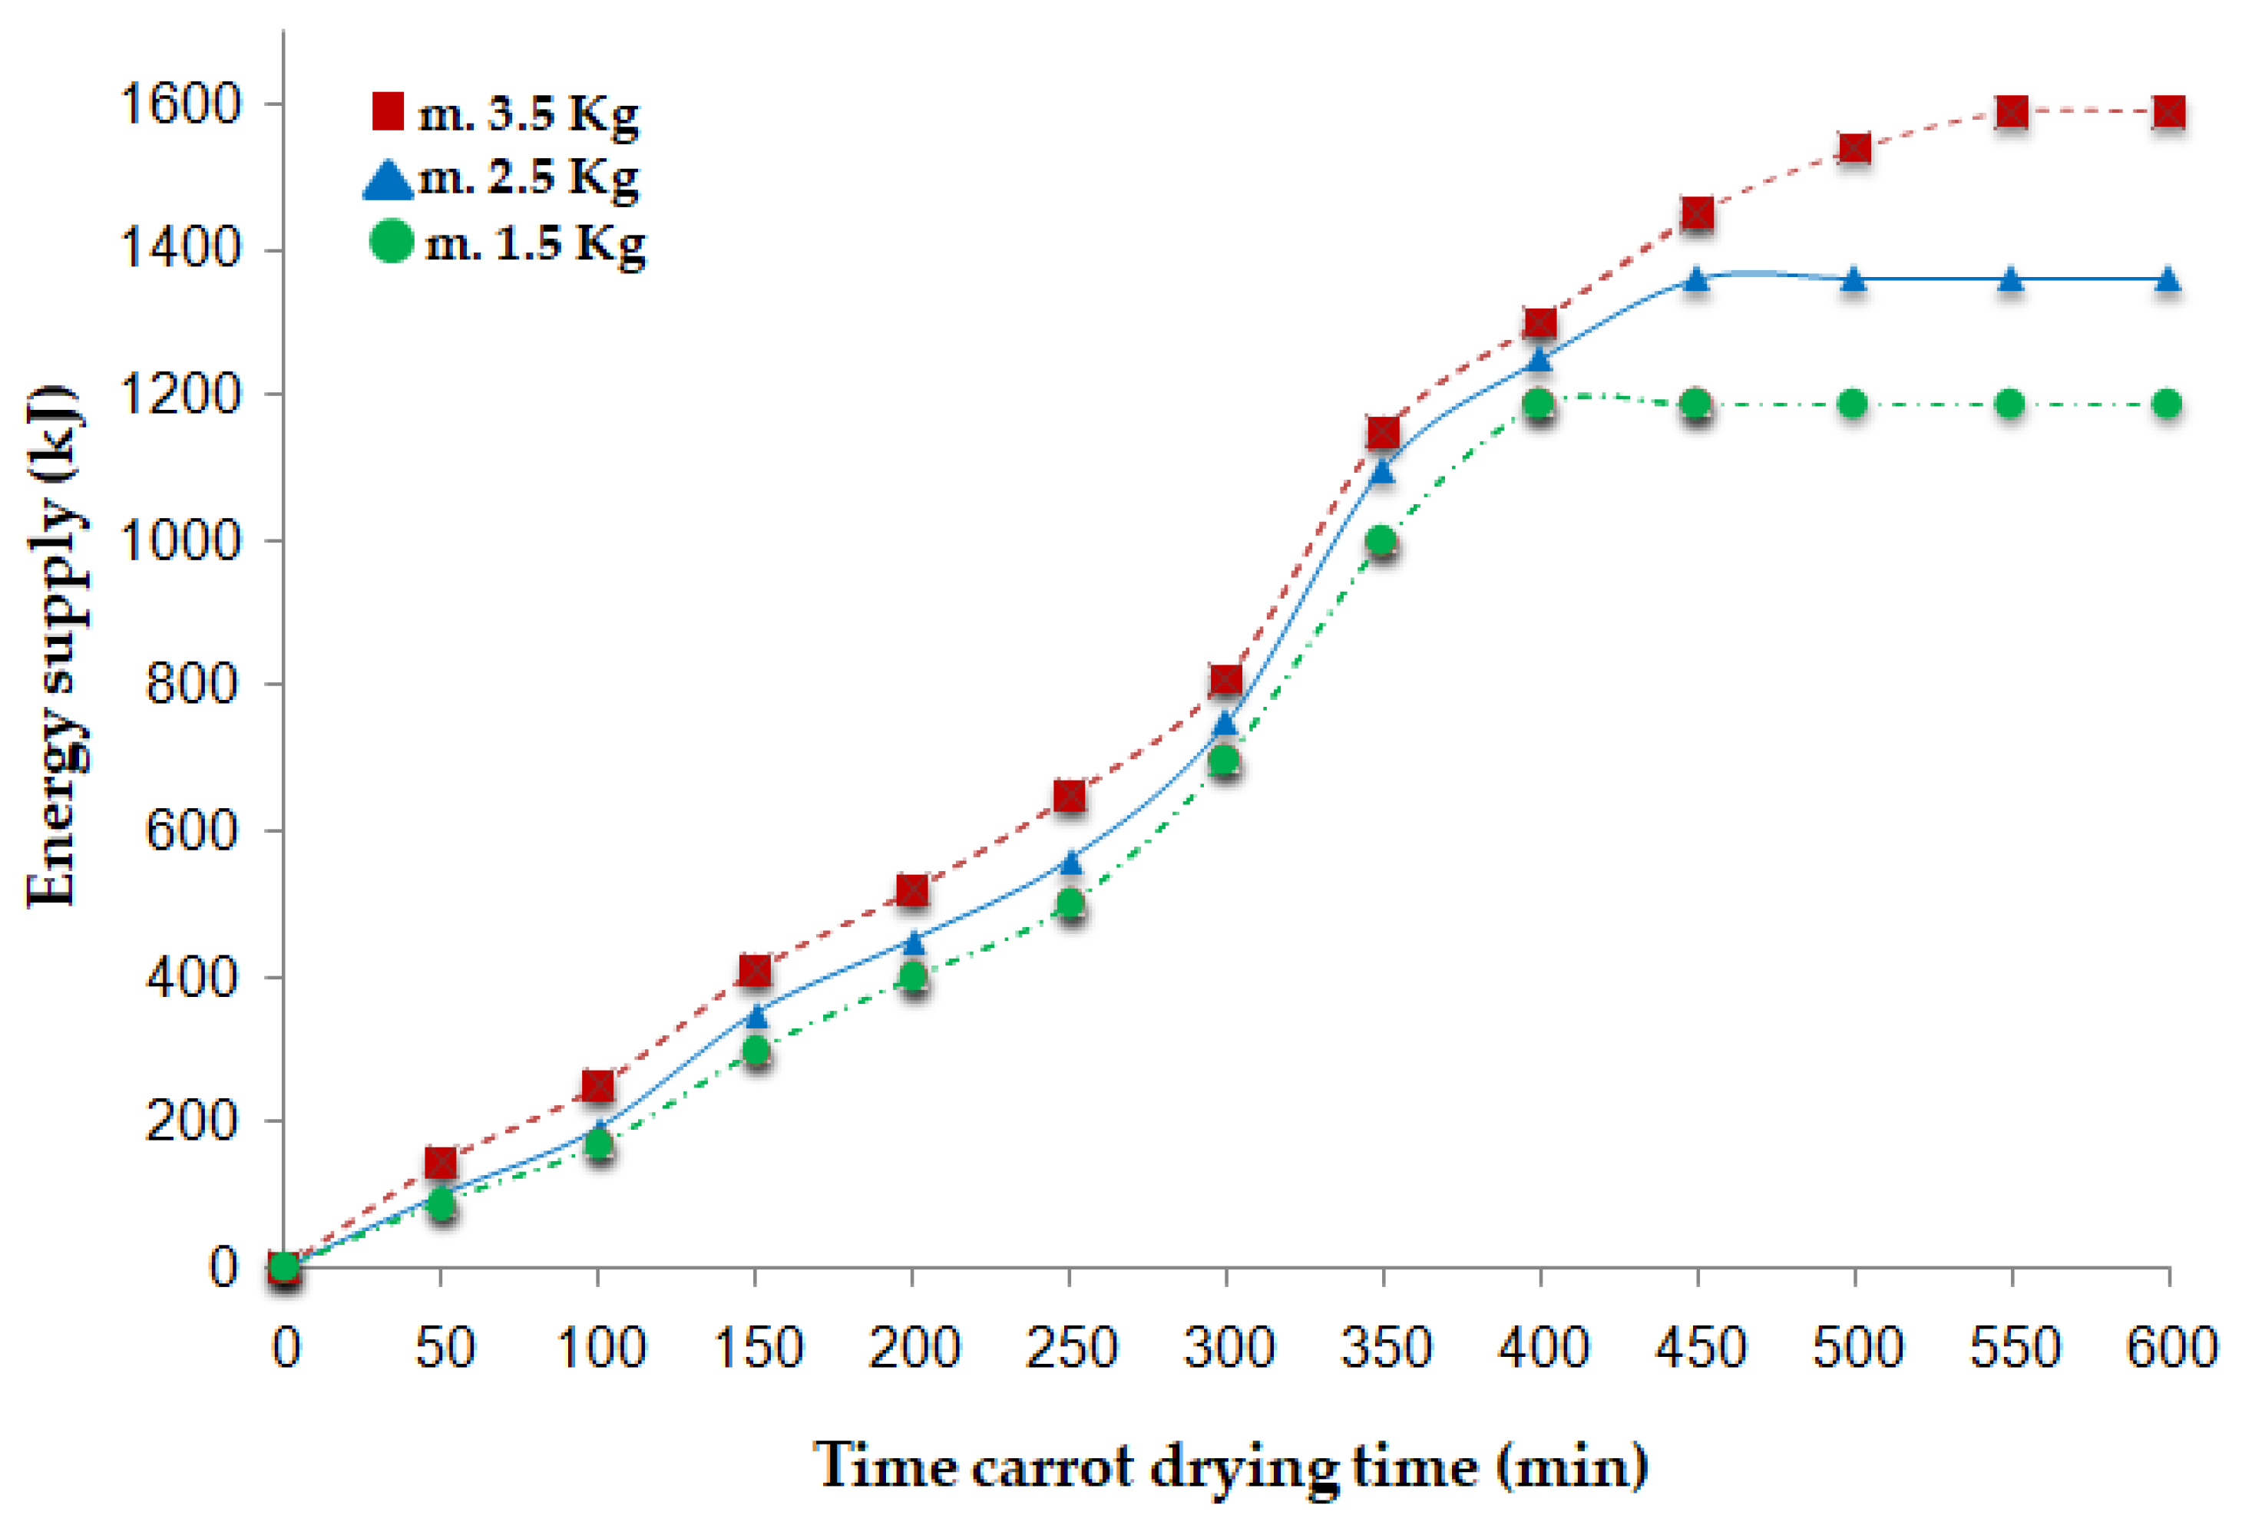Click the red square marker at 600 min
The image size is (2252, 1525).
click(2168, 112)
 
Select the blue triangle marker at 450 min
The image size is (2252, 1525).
click(1696, 280)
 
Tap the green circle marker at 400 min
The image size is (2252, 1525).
click(1539, 402)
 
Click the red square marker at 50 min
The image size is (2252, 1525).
click(441, 1162)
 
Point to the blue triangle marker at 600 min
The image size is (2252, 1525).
click(2168, 280)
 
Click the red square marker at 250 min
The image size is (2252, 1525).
click(1069, 795)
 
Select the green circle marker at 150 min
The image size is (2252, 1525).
click(755, 1050)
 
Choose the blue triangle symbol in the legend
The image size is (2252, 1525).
click(388, 180)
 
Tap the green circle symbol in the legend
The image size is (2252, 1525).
click(392, 240)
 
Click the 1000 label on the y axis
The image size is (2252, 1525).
click(179, 540)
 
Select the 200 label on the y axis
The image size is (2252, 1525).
click(192, 1121)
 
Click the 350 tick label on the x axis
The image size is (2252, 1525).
click(1384, 1348)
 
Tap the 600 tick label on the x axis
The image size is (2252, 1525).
click(2171, 1348)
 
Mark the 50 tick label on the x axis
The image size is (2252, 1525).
click(444, 1348)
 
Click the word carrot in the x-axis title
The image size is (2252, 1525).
click(1050, 1466)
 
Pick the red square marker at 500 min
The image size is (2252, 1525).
click(1853, 148)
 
